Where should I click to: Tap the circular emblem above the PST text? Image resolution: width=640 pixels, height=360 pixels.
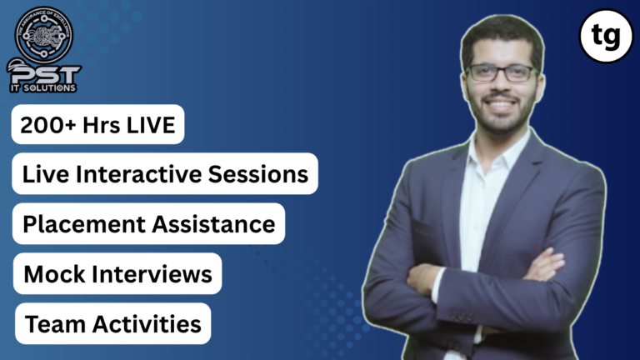44,34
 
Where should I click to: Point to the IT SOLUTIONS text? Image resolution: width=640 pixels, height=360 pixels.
52,87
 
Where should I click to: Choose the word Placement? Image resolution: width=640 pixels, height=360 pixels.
77,223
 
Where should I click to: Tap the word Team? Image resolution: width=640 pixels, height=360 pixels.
49,323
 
